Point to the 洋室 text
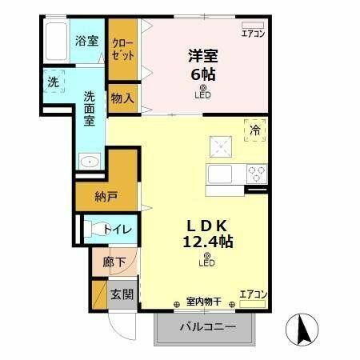pyautogui.click(x=203, y=56)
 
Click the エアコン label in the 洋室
pyautogui.click(x=253, y=34)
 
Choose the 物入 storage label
pyautogui.click(x=122, y=98)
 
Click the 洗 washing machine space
pyautogui.click(x=53, y=82)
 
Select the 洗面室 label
pyautogui.click(x=90, y=108)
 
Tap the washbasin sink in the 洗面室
pyautogui.click(x=90, y=162)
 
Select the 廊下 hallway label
pyautogui.click(x=113, y=262)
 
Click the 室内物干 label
pyautogui.click(x=204, y=302)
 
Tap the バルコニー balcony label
pyautogui.click(x=206, y=328)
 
